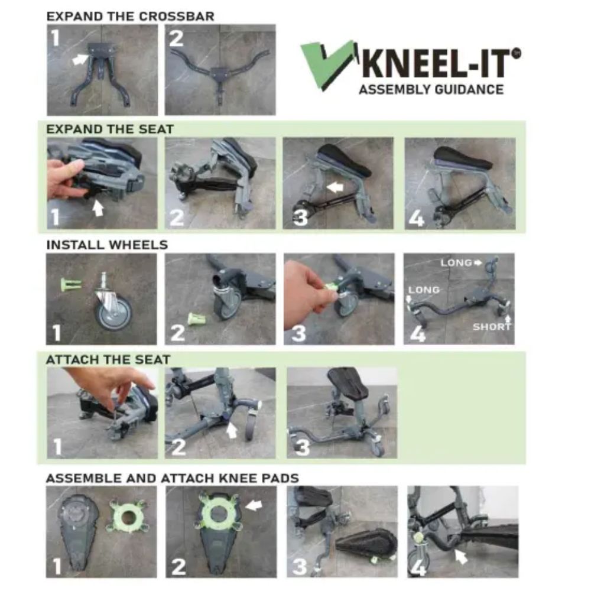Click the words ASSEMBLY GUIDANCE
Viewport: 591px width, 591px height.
(431, 90)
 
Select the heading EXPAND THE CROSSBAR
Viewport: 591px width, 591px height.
(130, 16)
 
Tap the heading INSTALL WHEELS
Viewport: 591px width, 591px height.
(107, 245)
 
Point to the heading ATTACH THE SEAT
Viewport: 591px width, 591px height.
(108, 359)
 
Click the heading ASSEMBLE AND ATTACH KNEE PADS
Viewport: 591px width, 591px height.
(172, 478)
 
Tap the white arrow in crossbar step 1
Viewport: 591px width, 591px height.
(79, 59)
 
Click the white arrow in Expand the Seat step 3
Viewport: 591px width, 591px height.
(335, 187)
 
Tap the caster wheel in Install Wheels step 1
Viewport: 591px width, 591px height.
(113, 310)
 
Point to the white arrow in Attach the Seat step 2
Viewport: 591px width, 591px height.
(232, 430)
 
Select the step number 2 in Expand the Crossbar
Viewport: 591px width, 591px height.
(177, 38)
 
